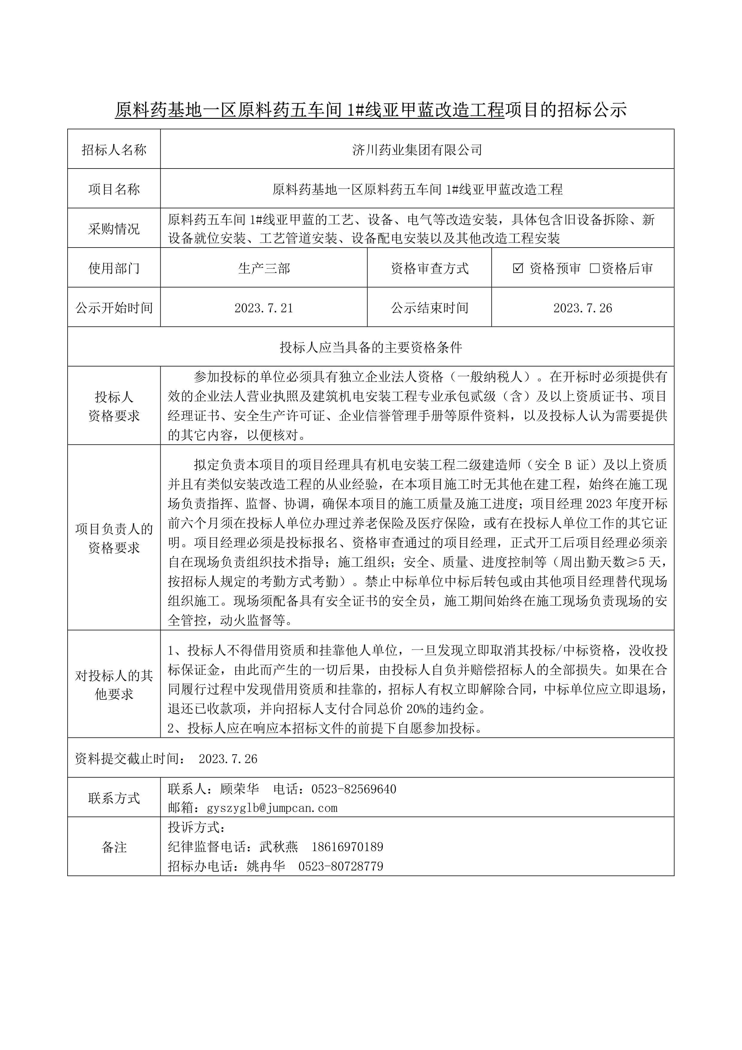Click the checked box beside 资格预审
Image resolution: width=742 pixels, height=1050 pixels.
click(x=518, y=268)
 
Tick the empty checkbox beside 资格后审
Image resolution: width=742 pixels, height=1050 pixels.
click(x=595, y=268)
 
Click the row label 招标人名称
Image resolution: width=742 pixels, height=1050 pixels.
click(x=114, y=150)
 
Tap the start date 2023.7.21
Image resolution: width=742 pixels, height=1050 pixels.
click(x=263, y=308)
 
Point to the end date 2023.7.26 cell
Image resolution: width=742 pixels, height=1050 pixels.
click(x=583, y=308)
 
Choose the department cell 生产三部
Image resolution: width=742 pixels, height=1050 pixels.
click(x=263, y=268)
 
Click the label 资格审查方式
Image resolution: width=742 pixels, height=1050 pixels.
click(x=429, y=268)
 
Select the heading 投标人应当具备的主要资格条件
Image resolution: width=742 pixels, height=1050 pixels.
click(x=371, y=347)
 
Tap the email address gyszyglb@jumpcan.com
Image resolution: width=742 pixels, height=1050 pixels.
click(x=272, y=808)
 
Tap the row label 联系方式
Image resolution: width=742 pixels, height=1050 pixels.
click(x=114, y=798)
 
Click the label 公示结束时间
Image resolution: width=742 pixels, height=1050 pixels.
click(x=429, y=308)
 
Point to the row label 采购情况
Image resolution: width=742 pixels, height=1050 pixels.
click(x=114, y=229)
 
